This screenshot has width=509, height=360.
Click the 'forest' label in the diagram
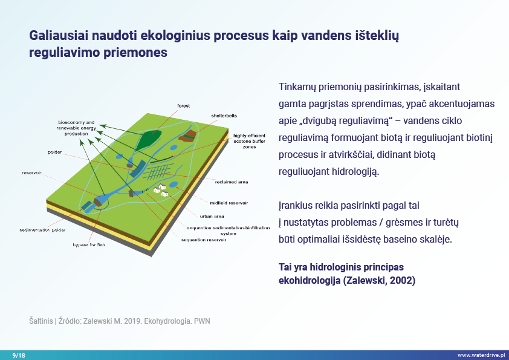(183, 106)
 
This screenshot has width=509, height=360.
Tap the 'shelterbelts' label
(224, 116)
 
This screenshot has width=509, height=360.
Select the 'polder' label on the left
(55, 152)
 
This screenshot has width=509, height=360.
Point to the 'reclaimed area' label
(232, 182)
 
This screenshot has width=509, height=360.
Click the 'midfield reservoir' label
(229, 203)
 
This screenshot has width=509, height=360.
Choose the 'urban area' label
(212, 216)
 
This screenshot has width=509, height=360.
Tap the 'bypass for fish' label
(89, 244)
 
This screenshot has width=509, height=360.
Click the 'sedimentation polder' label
(42, 230)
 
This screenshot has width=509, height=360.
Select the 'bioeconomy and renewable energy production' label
(76, 128)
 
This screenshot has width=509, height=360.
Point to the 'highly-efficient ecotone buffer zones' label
(249, 141)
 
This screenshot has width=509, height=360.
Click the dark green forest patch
(148, 140)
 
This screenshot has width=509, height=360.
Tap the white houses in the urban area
(161, 190)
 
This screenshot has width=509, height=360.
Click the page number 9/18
(19, 355)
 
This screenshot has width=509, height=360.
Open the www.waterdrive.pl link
(481, 355)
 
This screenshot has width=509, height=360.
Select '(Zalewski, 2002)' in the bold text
(379, 280)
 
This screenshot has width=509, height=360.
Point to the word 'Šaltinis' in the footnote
(41, 321)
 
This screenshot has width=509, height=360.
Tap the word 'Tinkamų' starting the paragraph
(297, 87)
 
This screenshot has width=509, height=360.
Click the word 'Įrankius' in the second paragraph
(296, 206)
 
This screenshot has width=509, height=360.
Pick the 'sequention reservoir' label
(204, 240)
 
